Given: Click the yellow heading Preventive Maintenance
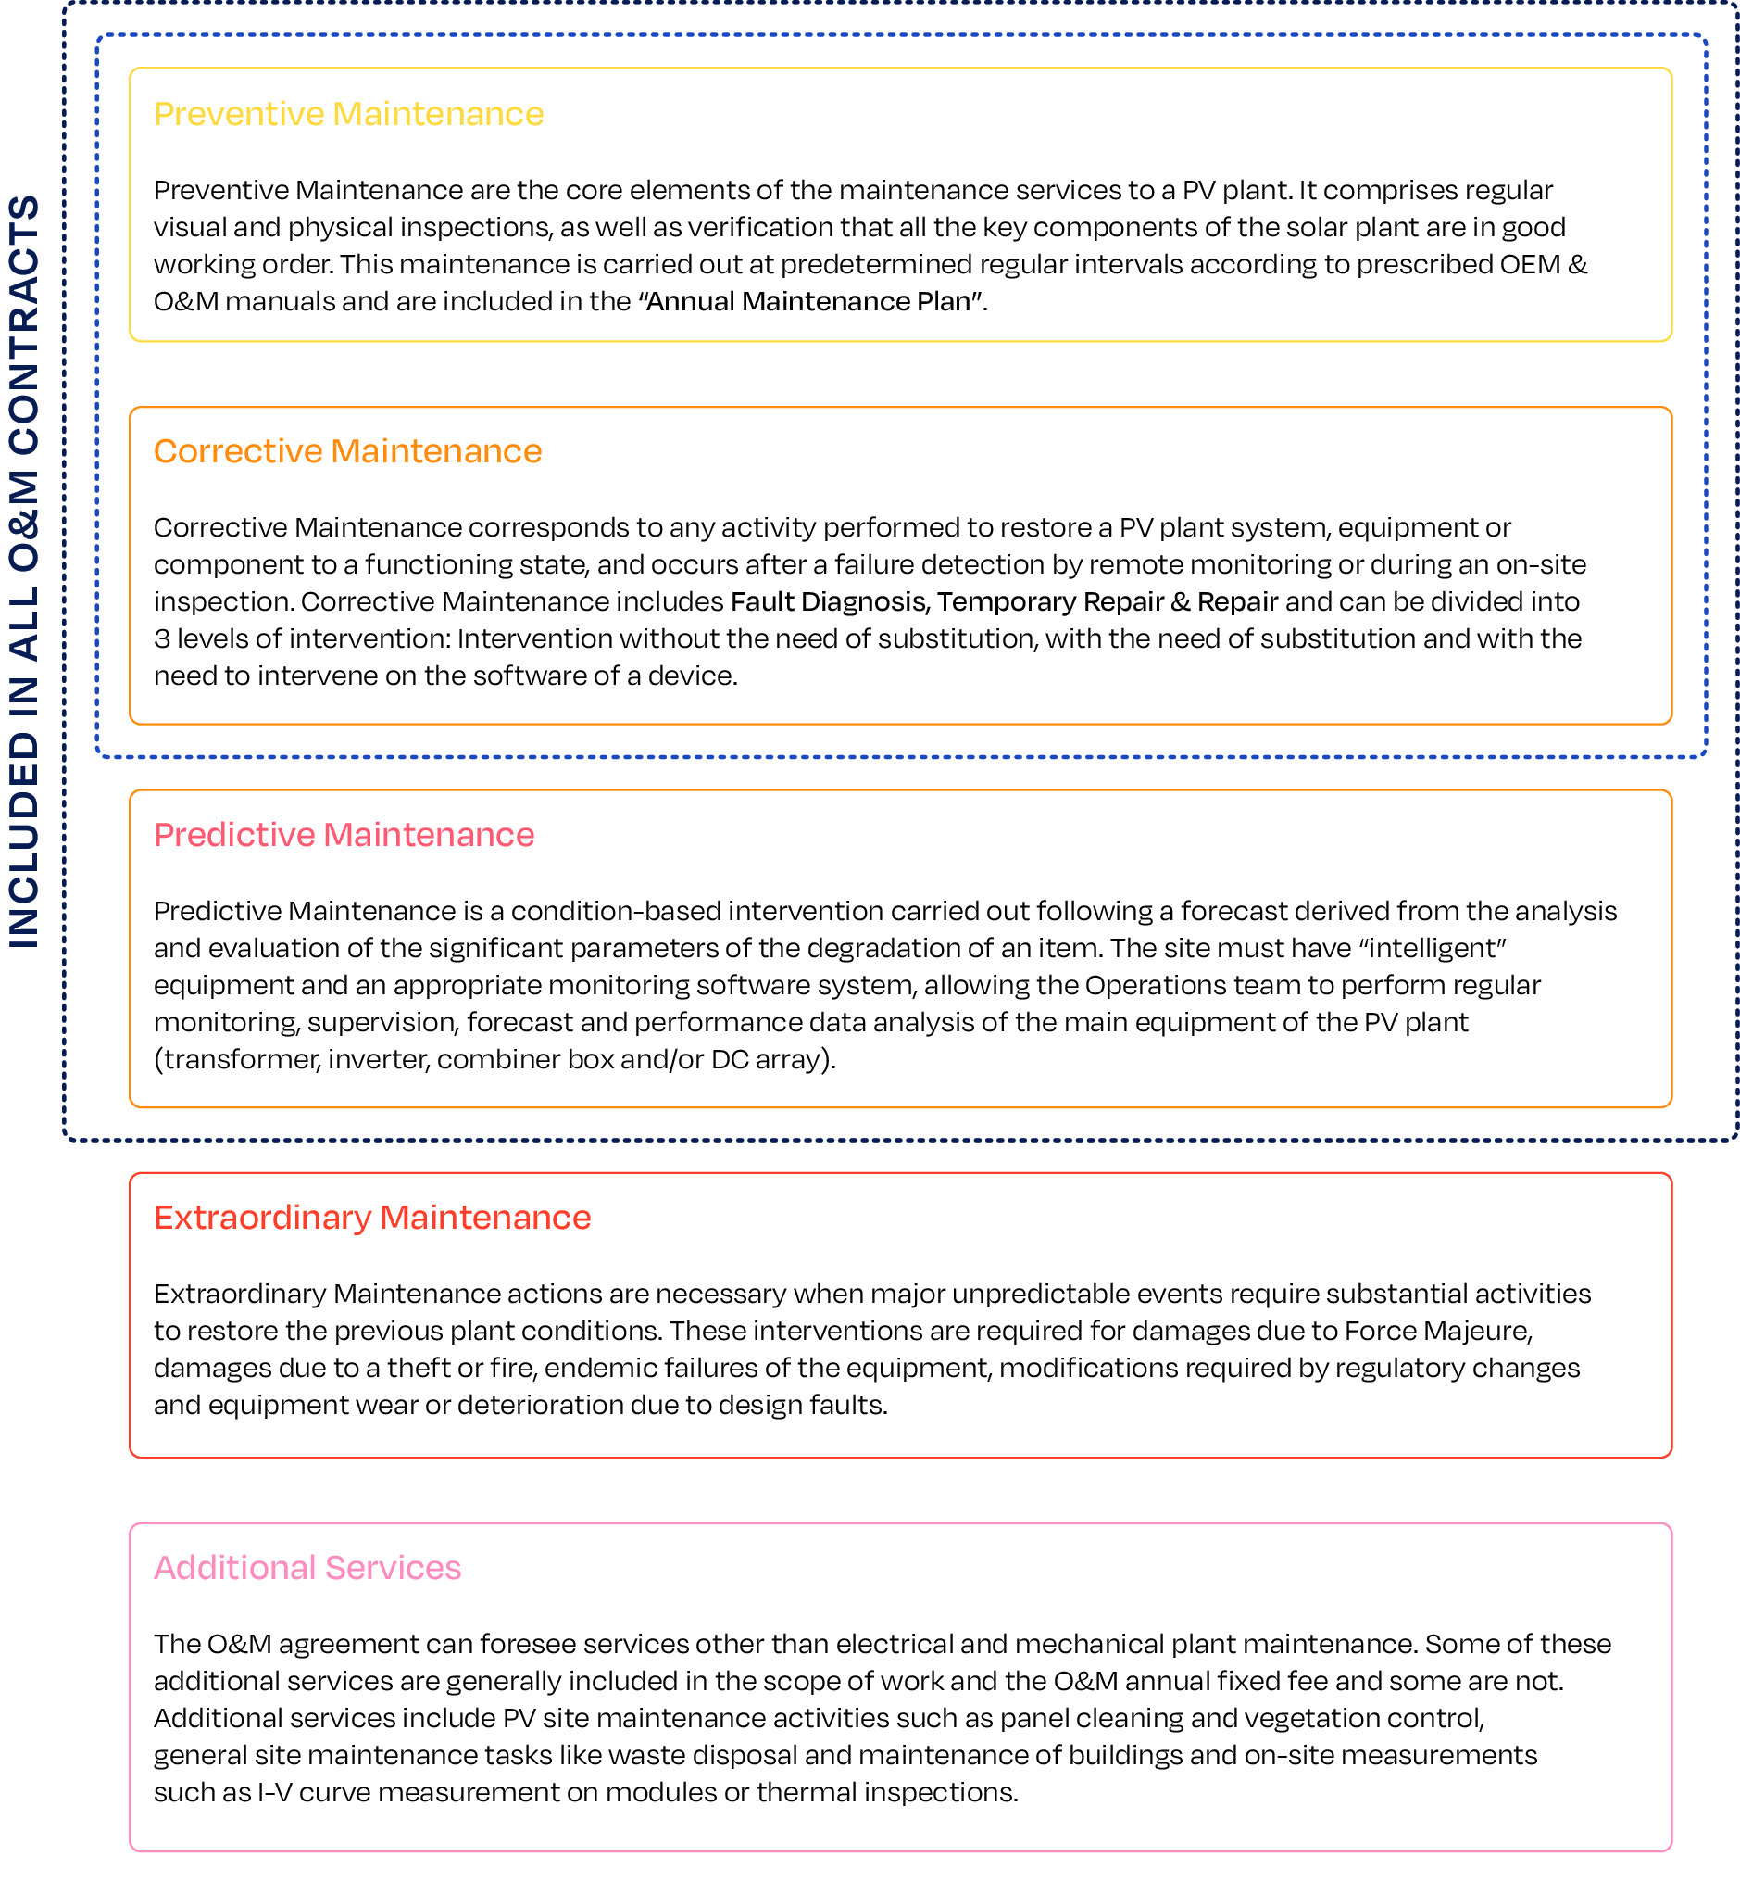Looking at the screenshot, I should pos(348,114).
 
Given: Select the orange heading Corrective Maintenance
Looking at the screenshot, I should pos(347,451).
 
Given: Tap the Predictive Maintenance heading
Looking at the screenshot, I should pos(344,835).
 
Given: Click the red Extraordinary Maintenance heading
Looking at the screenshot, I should pos(372,1217).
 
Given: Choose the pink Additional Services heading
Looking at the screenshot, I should pos(307,1567).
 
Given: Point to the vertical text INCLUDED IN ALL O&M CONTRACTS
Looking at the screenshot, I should pos(24,571).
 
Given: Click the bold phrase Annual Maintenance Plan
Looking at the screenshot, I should pos(809,301).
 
